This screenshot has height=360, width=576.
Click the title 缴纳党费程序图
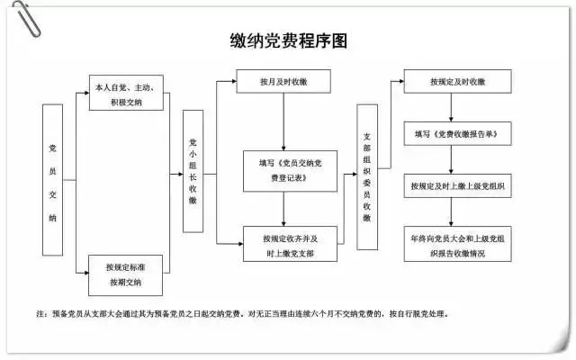[287, 41]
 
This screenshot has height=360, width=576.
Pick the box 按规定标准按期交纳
[127, 274]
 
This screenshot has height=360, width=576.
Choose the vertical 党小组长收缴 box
[193, 172]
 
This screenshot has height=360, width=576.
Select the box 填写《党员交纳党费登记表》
[283, 171]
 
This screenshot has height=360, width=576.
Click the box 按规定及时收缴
[459, 82]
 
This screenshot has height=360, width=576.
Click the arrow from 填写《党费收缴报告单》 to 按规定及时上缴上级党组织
[459, 159]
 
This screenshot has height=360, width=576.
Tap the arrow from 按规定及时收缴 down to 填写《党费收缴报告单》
[459, 107]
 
